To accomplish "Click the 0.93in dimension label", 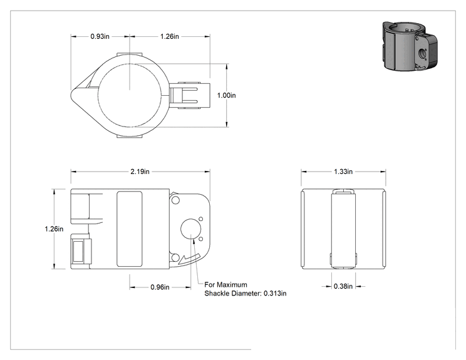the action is click(100, 36).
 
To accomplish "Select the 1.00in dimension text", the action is click(227, 95).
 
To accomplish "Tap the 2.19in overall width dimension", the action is click(140, 172).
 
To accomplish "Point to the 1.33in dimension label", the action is click(343, 172).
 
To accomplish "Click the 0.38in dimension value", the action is click(343, 286).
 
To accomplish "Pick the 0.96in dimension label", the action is click(160, 287).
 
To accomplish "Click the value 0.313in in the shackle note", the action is click(275, 294).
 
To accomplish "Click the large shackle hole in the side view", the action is click(191, 229).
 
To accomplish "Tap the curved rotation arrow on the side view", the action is click(190, 260).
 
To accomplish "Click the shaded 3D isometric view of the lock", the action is click(410, 46).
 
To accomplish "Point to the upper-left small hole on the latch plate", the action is click(175, 200).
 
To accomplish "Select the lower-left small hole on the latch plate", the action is click(175, 257).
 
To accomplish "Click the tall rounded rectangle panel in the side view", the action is click(129, 229).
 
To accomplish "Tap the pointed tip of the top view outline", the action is click(71, 95).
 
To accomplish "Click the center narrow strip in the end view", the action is click(343, 229).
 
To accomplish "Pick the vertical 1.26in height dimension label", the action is click(54, 229).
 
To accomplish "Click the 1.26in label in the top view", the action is click(170, 36).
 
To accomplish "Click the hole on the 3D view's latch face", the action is click(422, 54).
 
